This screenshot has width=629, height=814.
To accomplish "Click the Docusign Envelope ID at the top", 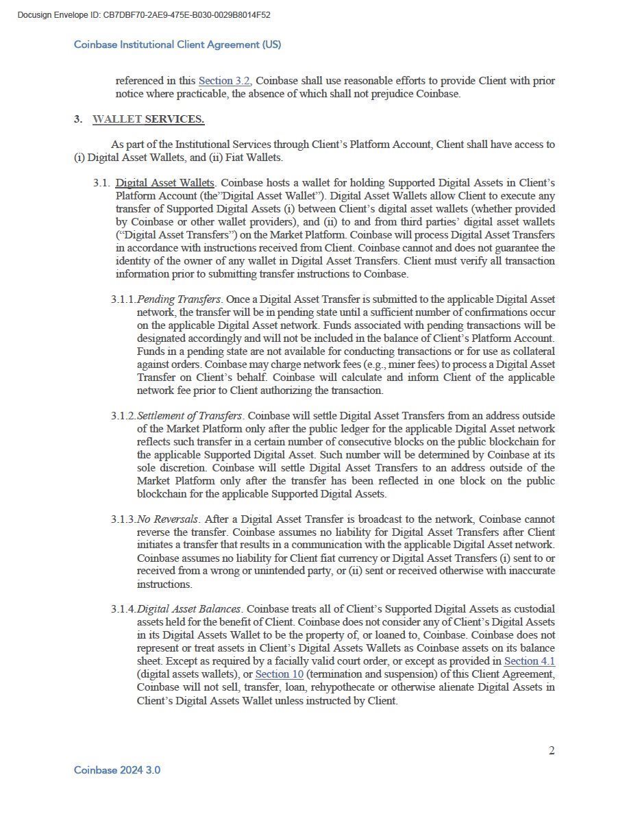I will pos(144,14).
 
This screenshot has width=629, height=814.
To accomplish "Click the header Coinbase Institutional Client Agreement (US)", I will pos(177,45).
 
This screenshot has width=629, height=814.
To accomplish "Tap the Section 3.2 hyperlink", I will pos(224,81).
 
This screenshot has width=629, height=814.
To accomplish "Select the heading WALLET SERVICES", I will pos(148,119).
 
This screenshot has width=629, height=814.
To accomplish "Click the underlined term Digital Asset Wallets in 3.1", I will pos(164,183).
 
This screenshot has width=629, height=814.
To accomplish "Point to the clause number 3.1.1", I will pos(123,299).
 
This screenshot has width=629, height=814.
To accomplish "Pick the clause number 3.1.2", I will pos(123,416).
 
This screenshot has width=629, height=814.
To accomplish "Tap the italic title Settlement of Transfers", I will pos(190,416).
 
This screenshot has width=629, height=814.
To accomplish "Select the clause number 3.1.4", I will pos(123,609).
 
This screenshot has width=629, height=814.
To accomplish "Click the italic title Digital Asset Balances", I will pos(189,609).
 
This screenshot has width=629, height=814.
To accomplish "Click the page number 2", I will pos(552,750).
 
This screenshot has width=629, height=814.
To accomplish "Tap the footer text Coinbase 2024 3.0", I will pos(117,770).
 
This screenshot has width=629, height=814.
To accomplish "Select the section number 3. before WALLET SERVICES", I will pos(78,119).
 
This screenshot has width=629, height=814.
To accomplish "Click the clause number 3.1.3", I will pos(123,519).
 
